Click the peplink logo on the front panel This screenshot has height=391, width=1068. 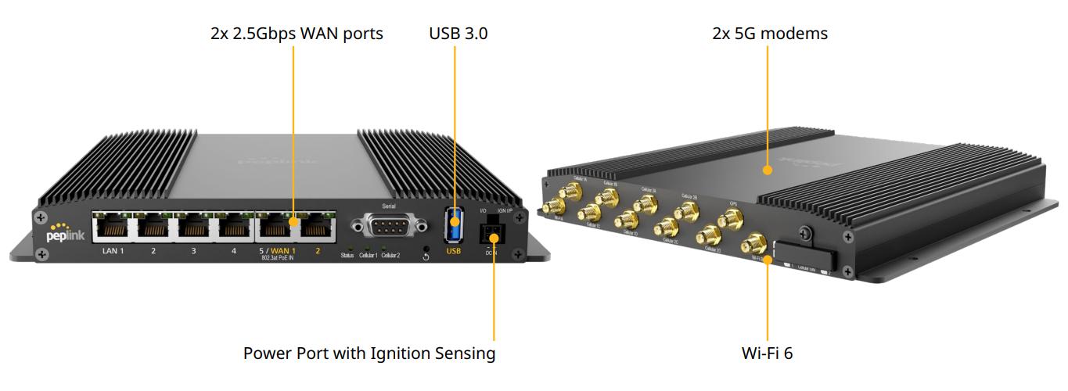click(65, 232)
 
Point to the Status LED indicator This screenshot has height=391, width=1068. click(347, 248)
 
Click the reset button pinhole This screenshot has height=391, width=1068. click(426, 249)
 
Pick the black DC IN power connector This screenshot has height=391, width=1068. click(493, 231)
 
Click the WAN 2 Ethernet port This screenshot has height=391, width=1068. click(317, 228)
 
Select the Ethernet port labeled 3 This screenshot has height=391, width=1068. click(194, 228)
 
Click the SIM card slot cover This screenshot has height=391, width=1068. click(804, 257)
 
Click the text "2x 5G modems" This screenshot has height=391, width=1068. click(769, 34)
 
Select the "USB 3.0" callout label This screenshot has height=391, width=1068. click(458, 34)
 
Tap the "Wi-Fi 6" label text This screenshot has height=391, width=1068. click(767, 353)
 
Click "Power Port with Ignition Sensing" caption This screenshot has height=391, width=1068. click(369, 353)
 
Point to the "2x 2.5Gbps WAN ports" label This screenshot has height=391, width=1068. click(297, 34)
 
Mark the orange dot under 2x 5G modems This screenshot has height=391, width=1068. click(768, 169)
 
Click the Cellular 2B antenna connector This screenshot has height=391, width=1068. click(688, 210)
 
